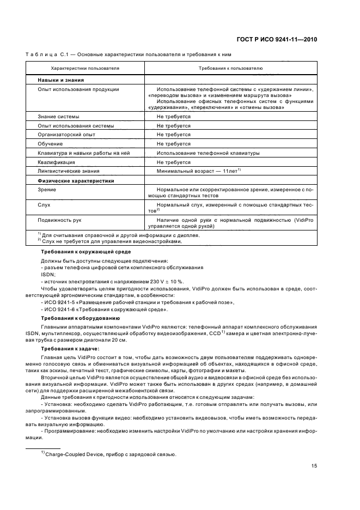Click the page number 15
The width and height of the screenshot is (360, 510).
pos(314,465)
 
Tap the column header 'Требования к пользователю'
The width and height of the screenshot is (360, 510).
pos(231,69)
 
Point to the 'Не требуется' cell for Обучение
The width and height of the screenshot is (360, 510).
pos(173,143)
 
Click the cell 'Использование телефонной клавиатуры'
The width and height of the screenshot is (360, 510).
pos(208,153)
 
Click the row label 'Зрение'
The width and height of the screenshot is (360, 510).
pos(46,189)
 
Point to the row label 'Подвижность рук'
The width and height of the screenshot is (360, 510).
pos(59,220)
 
